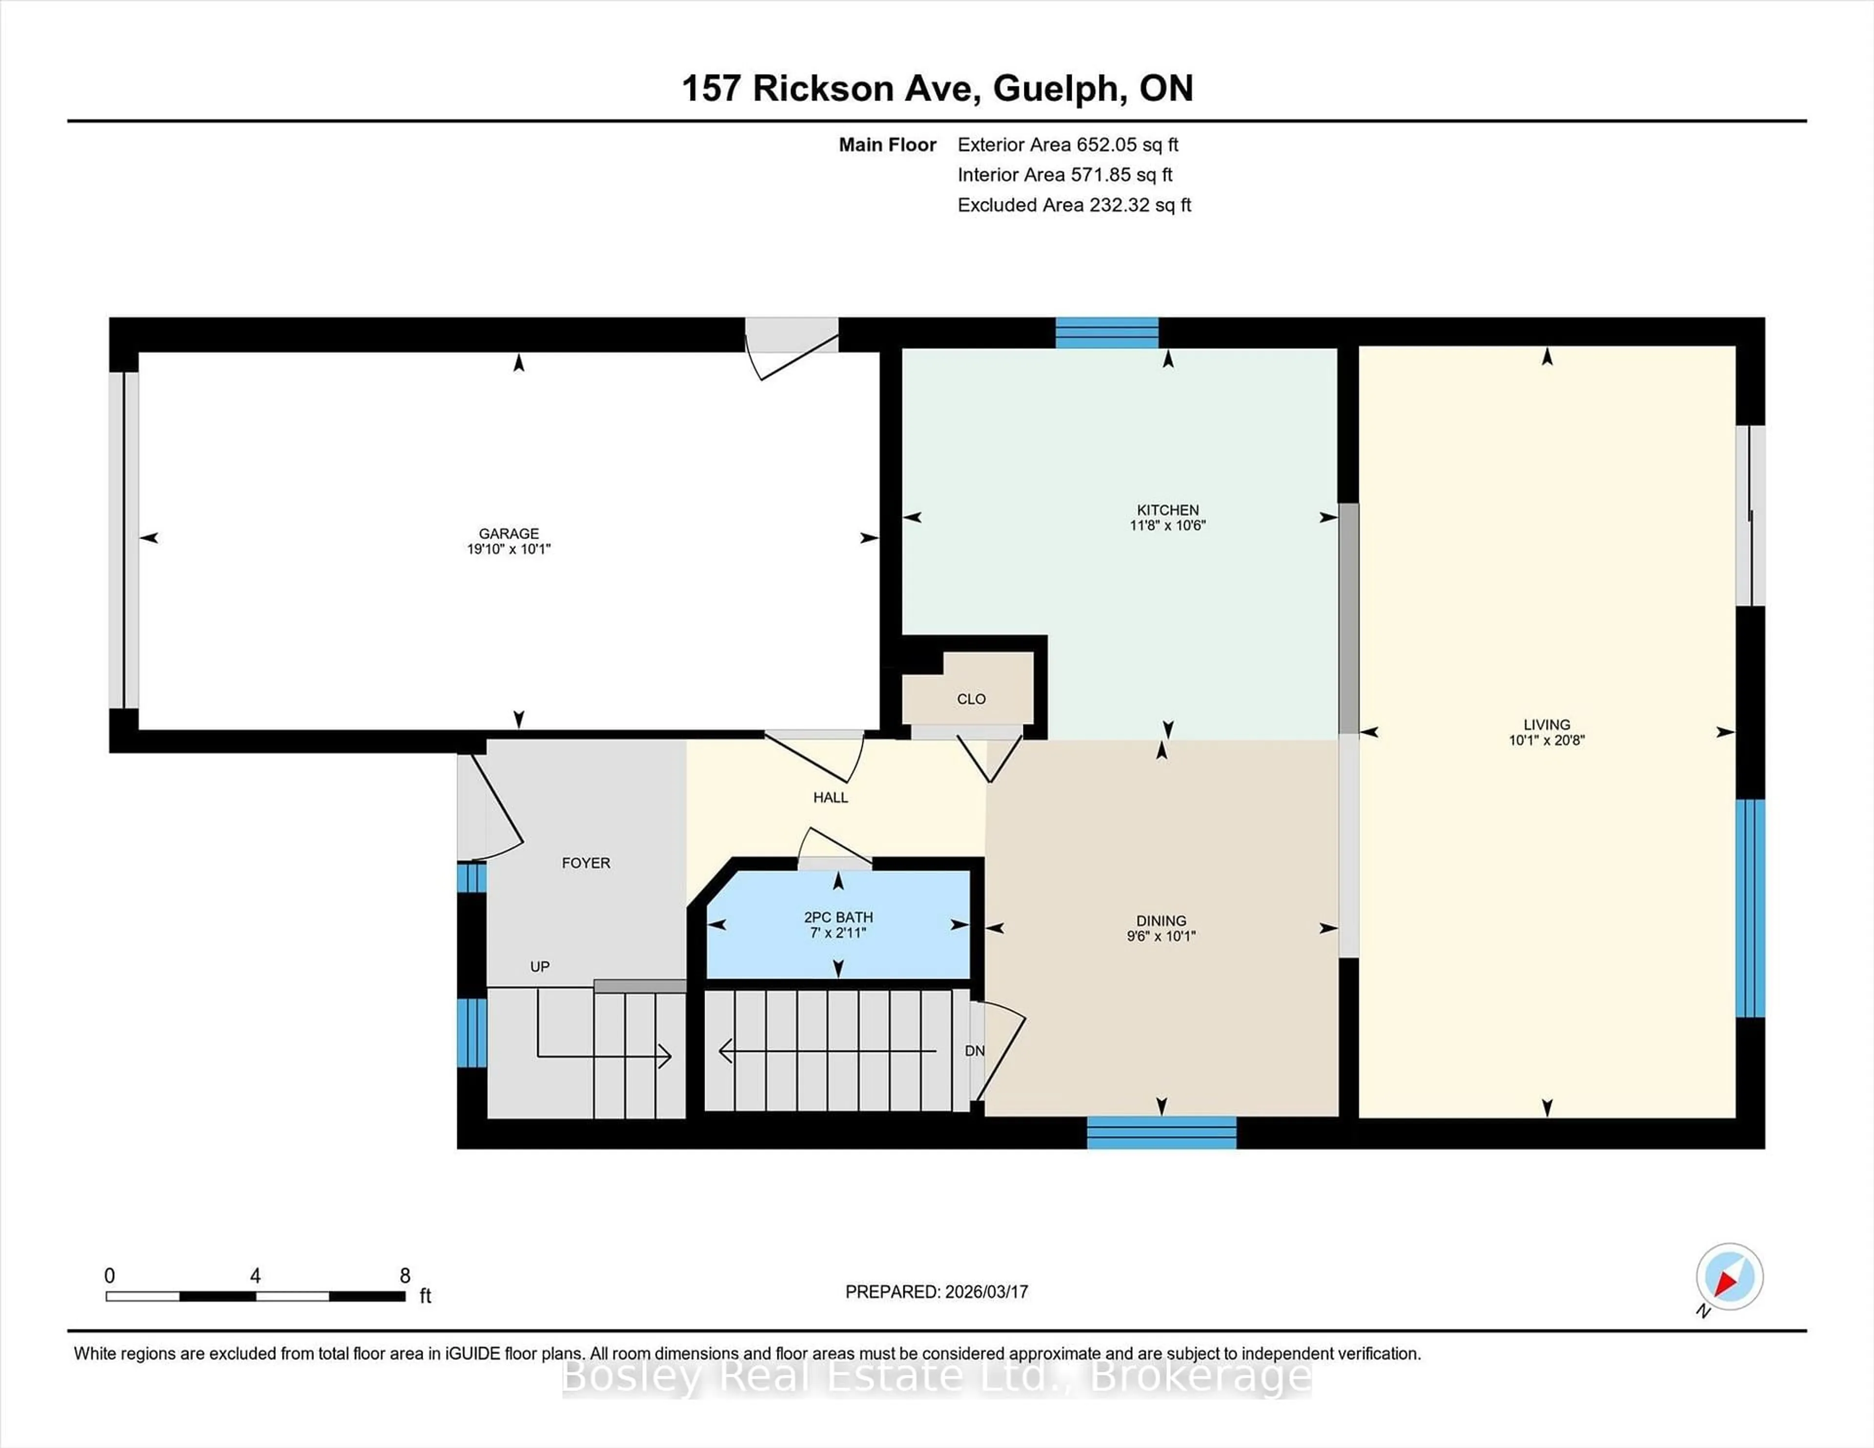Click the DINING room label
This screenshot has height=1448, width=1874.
(1161, 921)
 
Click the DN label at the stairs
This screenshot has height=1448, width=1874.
(974, 1051)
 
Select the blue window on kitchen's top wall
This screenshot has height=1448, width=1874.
(1106, 332)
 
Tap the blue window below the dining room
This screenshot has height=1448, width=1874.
(1161, 1132)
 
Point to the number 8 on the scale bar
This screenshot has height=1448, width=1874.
(405, 1276)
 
